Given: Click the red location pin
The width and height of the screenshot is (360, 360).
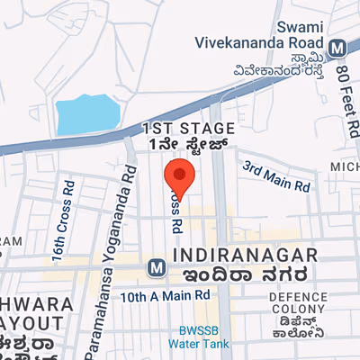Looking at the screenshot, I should click(180, 177).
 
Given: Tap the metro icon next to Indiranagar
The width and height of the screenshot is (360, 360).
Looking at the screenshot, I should click(157, 267).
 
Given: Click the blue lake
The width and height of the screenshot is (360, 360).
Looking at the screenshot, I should click(88, 114).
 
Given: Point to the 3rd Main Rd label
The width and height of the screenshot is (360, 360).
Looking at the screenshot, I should click(278, 175).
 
